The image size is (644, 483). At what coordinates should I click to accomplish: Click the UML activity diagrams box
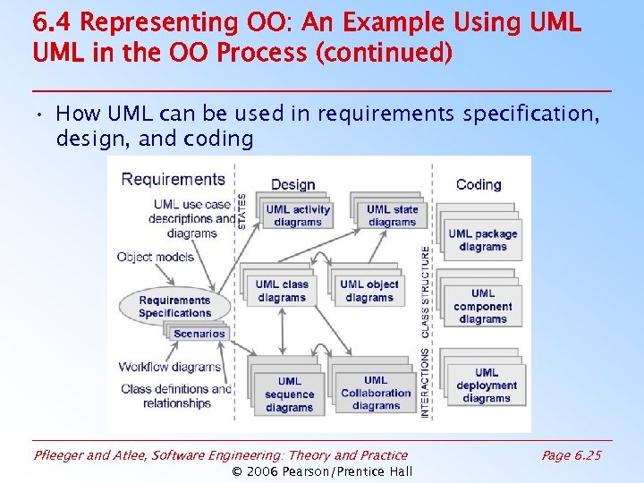tap(298, 216)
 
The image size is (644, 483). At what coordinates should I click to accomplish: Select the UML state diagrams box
tap(392, 216)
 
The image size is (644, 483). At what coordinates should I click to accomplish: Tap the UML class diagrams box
tap(282, 291)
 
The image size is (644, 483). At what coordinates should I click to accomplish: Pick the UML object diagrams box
tap(369, 291)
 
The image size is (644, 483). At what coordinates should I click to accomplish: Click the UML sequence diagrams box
tap(289, 394)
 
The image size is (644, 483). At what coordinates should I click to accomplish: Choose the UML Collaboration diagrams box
tap(376, 393)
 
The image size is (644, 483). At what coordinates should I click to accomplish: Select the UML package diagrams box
tap(483, 241)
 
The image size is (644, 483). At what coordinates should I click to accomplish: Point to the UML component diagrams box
tap(483, 306)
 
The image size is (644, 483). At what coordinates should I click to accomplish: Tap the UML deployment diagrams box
tap(487, 386)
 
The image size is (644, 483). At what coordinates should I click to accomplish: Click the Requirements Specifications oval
tap(174, 307)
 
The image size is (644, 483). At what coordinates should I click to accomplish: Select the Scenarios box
tap(199, 334)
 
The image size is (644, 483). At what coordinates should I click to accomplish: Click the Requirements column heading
tap(173, 179)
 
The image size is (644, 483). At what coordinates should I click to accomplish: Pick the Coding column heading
tap(479, 184)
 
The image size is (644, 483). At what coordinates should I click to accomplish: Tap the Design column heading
tap(292, 184)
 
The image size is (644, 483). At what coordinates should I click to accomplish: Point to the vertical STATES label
tap(242, 211)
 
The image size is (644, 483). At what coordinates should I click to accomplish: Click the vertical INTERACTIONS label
tap(425, 382)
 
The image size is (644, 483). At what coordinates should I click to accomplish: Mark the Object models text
tap(155, 257)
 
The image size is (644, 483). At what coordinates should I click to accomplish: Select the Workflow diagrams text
tap(170, 367)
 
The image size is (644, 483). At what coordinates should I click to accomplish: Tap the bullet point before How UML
tap(42, 114)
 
